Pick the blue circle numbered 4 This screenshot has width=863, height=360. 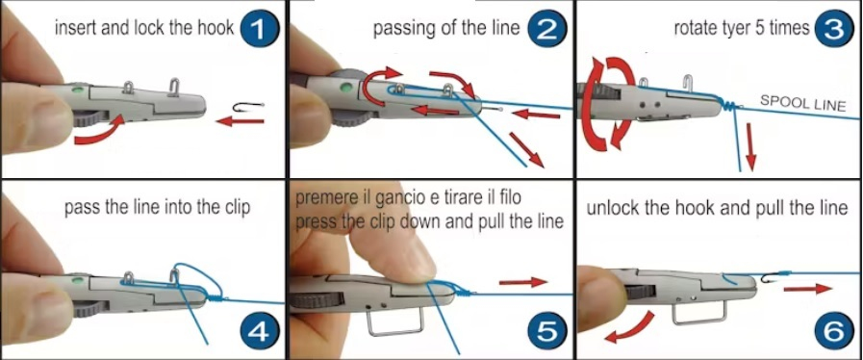(259, 331)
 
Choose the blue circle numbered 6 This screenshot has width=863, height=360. (833, 331)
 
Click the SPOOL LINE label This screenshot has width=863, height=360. (802, 103)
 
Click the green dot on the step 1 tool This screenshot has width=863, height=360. (78, 88)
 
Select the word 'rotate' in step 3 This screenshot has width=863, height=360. (692, 29)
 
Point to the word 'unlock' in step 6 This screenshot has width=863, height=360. (607, 209)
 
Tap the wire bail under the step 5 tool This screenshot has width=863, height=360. (394, 333)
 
